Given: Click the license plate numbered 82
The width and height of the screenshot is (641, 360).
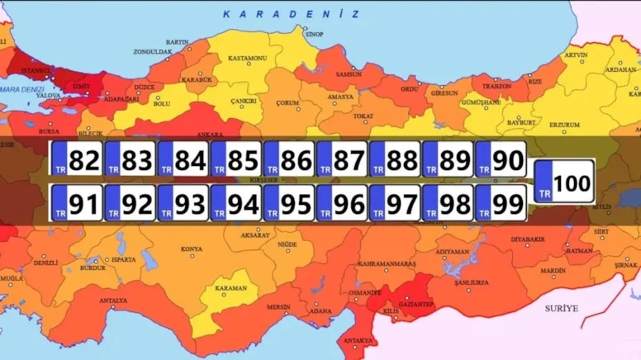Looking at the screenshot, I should tap(76, 159).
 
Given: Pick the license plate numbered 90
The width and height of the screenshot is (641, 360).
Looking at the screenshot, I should tap(500, 159).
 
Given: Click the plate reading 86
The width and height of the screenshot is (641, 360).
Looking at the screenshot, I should tap(288, 159).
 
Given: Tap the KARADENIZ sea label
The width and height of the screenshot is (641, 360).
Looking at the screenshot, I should tap(291, 15).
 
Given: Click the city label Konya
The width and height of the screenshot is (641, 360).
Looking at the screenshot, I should tap(192, 249).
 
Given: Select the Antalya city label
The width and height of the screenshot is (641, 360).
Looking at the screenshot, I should tap(114, 301).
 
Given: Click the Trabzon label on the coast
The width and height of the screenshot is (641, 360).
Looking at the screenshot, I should tap(496, 86).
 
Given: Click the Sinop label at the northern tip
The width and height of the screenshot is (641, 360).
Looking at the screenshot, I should tap(314, 35).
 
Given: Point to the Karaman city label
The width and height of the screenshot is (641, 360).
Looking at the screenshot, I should tap(230, 288).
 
